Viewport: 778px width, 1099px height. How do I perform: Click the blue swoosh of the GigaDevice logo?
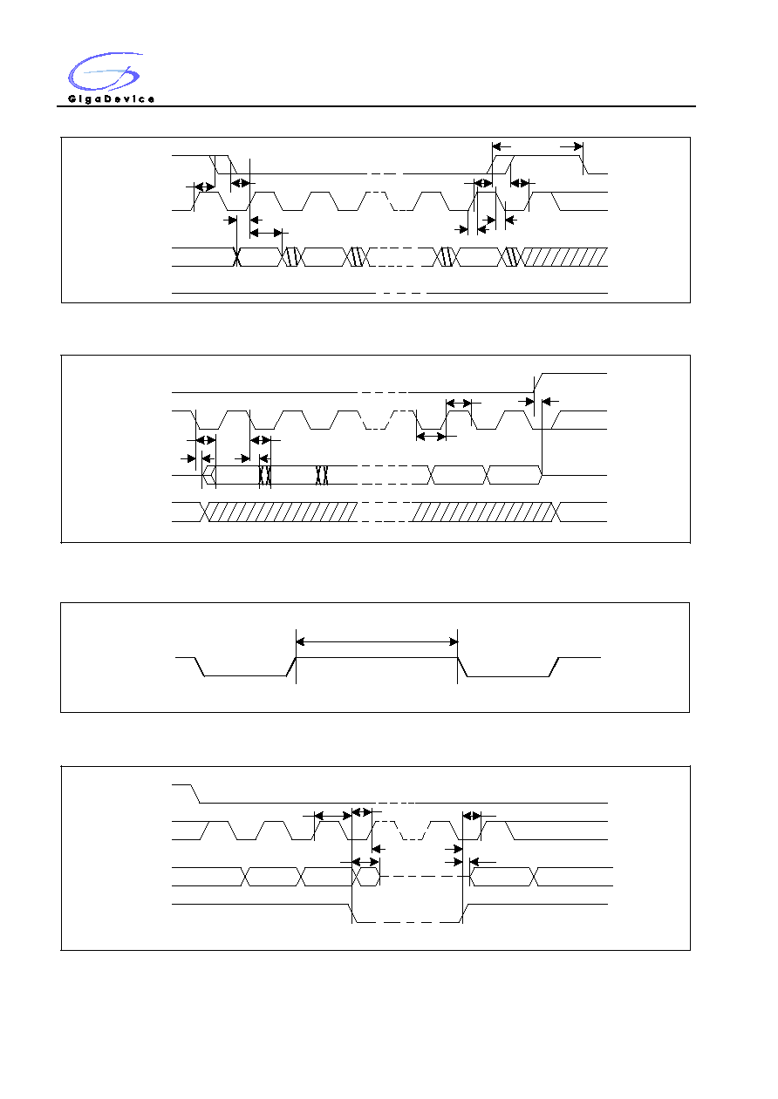pos(104,71)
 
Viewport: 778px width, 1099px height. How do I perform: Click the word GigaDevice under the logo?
pos(111,99)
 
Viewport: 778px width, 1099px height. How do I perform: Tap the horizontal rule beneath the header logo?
pos(376,106)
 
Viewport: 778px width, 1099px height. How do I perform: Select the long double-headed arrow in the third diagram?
pos(377,641)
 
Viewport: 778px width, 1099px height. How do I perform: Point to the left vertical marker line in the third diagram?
pos(296,656)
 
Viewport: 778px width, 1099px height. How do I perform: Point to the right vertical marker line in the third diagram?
pos(458,656)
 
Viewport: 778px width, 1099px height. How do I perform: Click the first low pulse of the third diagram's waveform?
pos(245,675)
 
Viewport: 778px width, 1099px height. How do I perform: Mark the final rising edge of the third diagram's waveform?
pos(554,667)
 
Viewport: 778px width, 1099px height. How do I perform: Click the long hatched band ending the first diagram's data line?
pos(564,257)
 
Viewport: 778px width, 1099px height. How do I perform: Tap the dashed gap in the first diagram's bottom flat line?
pos(401,293)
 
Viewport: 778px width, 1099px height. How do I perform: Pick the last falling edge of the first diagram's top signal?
pos(584,165)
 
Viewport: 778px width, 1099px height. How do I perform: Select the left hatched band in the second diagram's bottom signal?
pos(280,512)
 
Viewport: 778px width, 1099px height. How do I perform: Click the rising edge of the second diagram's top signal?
pos(538,383)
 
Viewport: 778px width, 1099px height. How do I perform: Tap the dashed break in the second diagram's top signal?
pos(383,392)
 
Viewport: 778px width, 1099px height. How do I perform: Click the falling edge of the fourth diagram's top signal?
pos(195,794)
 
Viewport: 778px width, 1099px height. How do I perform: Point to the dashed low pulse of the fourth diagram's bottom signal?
pos(407,922)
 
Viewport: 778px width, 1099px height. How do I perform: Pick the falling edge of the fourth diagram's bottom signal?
pos(352,913)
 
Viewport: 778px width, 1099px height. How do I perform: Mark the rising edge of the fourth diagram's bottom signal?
pos(464,913)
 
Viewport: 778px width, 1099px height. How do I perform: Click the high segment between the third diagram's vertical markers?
pos(377,657)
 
